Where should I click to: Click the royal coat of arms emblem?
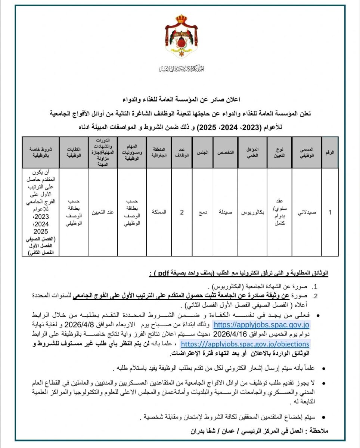(181, 36)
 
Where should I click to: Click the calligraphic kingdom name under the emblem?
(181, 68)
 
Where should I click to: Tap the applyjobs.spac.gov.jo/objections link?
(245, 344)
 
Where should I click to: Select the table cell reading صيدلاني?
(306, 212)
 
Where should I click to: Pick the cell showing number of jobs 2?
(182, 212)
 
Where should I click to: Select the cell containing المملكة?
(159, 212)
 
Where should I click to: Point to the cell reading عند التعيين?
(103, 212)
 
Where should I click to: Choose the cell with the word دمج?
(202, 212)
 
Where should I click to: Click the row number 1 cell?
(330, 212)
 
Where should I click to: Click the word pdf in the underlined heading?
(165, 273)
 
